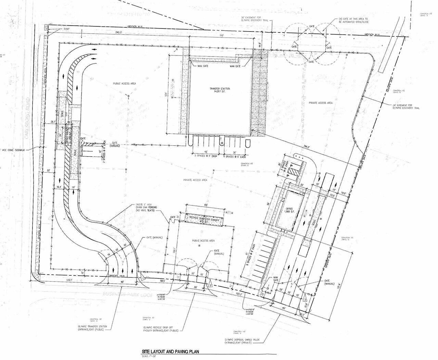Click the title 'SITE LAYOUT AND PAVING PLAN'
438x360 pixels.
tap(170, 351)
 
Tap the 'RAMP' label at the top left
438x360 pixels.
tap(66, 29)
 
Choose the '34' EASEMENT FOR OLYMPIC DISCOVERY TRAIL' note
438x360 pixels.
tap(406, 107)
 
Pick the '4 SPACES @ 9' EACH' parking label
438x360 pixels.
tap(235, 157)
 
